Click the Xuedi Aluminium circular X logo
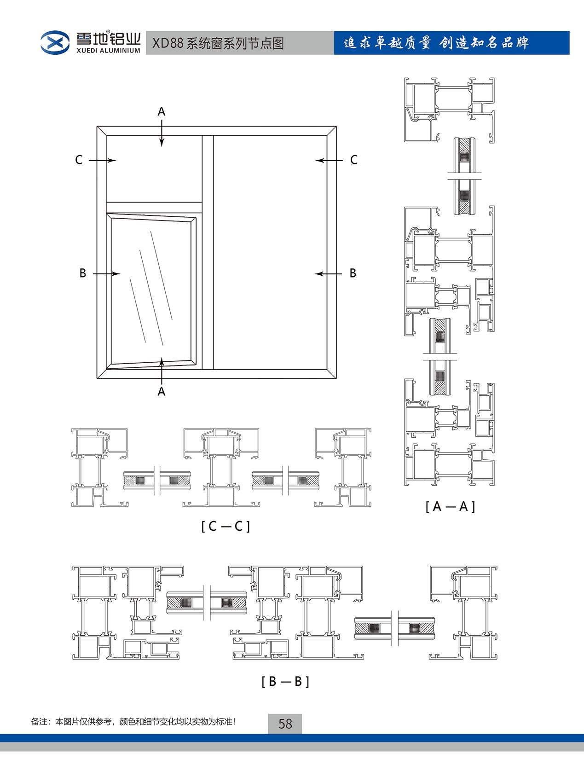tap(54, 42)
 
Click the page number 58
tap(285, 724)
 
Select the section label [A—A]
tap(450, 506)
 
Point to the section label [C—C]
tap(226, 526)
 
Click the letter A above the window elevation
tap(161, 112)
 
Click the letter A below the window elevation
tap(161, 391)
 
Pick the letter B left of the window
tap(83, 273)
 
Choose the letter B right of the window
tap(353, 273)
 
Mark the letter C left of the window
tap(79, 160)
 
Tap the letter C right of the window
tap(353, 160)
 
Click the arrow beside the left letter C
tap(102, 161)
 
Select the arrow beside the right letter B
tap(328, 273)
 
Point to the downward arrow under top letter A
tap(162, 133)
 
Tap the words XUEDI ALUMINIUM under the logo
tap(109, 51)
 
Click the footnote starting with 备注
tap(133, 722)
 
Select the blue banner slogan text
tap(436, 43)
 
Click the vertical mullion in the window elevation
tap(208, 253)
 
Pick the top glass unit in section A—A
tap(464, 176)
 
